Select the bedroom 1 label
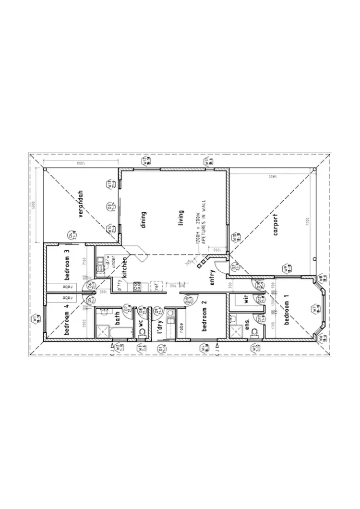287,312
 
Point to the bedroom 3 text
68,265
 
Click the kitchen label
124,267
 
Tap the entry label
212,279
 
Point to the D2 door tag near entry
235,267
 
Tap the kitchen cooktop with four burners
136,287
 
